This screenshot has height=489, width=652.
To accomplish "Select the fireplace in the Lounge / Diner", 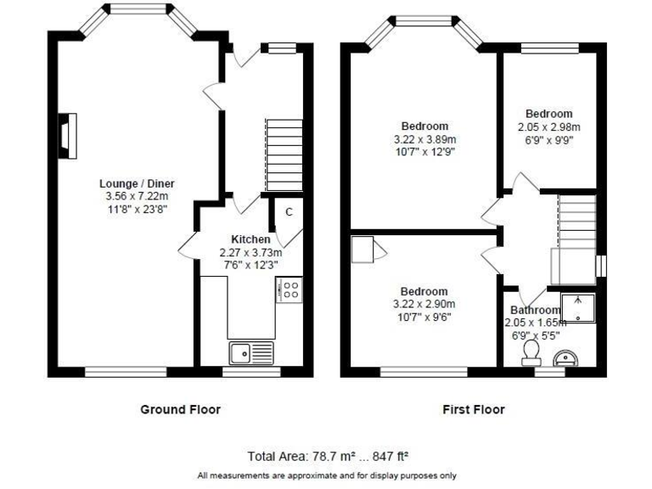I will click(67, 136).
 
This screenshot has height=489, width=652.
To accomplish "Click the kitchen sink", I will click(251, 350).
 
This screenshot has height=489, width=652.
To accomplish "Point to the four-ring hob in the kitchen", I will click(289, 290).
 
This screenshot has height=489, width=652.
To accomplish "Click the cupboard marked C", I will click(289, 212).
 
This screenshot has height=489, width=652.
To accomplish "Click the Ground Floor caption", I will click(180, 409).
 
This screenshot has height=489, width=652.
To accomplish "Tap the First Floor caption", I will click(474, 409).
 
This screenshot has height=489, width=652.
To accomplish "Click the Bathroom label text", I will click(535, 311).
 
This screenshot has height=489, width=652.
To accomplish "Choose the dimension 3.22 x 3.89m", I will click(425, 139).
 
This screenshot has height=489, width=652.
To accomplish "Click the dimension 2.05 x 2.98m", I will click(548, 127).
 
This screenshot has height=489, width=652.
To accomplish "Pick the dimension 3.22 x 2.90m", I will click(424, 305).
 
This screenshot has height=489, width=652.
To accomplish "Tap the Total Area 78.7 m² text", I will click(329, 456).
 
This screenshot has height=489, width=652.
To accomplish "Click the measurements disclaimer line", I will click(327, 475).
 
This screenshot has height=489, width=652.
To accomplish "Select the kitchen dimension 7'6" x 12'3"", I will click(250, 265).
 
